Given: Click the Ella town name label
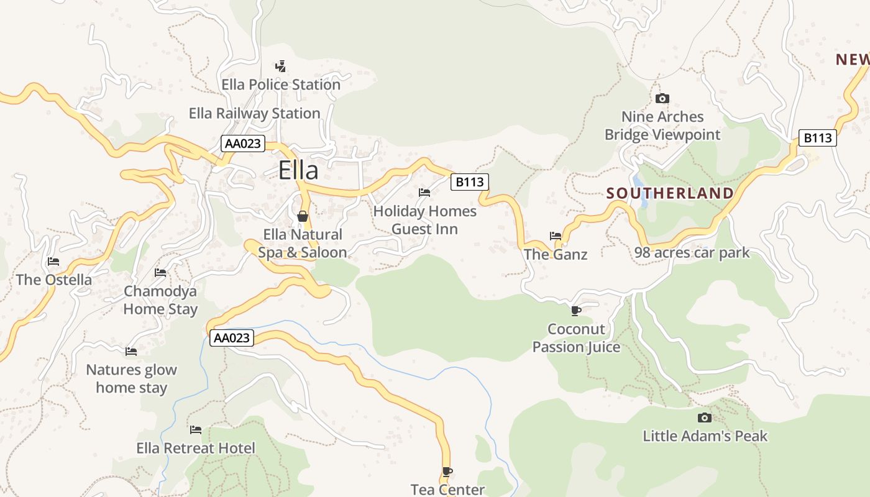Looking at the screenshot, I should pyautogui.click(x=298, y=170).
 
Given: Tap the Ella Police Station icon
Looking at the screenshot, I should pyautogui.click(x=280, y=66).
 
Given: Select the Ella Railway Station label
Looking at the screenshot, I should pyautogui.click(x=255, y=114).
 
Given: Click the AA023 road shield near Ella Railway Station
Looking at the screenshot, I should pyautogui.click(x=243, y=144).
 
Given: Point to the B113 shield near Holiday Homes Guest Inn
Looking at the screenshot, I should pyautogui.click(x=469, y=182).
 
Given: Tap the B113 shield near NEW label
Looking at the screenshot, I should pyautogui.click(x=817, y=138).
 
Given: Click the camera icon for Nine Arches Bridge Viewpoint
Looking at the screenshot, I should pyautogui.click(x=662, y=98).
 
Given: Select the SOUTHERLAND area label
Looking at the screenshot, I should pyautogui.click(x=670, y=193).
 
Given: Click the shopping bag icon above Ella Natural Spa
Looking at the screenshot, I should pyautogui.click(x=303, y=216).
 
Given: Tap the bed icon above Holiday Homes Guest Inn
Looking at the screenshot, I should pyautogui.click(x=424, y=193).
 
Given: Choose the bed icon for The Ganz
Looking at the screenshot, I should pyautogui.click(x=556, y=236).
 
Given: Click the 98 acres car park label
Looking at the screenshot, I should pyautogui.click(x=692, y=253).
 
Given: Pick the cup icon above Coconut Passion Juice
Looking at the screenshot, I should pyautogui.click(x=576, y=310).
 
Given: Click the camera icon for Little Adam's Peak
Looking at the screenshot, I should pyautogui.click(x=704, y=417).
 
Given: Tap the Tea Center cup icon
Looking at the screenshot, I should pyautogui.click(x=447, y=472).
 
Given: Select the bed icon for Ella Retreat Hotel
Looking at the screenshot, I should pyautogui.click(x=196, y=429).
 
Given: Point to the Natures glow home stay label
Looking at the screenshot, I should pyautogui.click(x=132, y=378).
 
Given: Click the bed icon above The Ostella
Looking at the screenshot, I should pyautogui.click(x=53, y=262).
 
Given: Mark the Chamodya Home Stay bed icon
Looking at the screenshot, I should pyautogui.click(x=160, y=272).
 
